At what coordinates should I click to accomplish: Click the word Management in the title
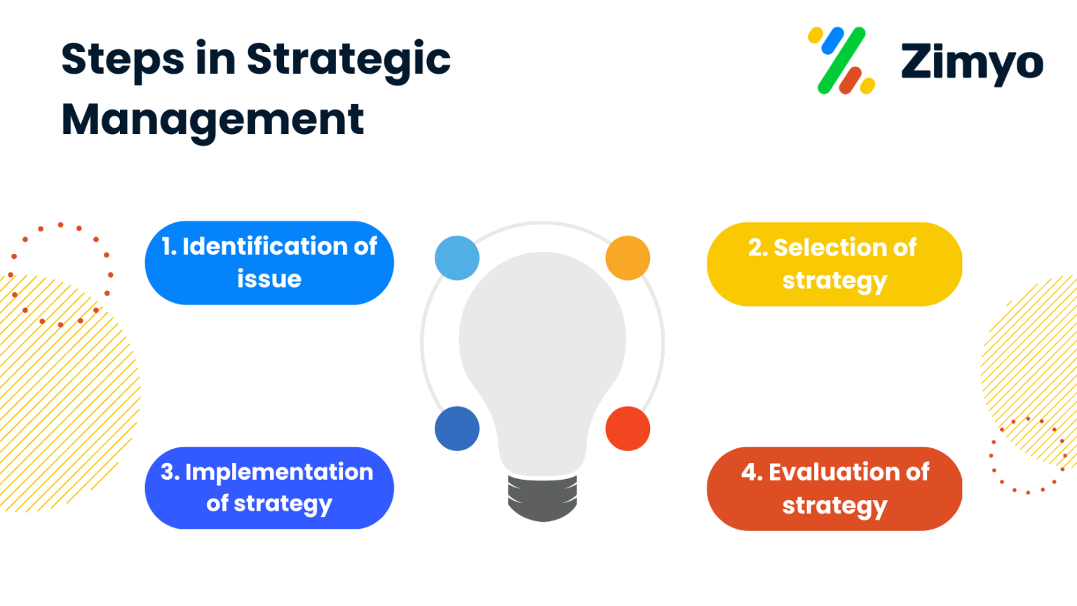pos(212,119)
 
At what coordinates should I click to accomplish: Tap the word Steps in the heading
pos(123,59)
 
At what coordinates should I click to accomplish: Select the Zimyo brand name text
pos(971,62)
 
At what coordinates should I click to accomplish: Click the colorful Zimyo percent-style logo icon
pos(841,61)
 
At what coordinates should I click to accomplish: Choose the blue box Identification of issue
pos(269,263)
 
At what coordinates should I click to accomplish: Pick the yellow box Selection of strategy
pos(834,264)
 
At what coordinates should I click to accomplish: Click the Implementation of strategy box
pos(269,488)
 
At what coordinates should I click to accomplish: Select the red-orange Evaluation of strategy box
pos(834,489)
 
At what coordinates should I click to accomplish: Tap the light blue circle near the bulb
pos(457,258)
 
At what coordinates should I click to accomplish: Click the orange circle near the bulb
pos(628,258)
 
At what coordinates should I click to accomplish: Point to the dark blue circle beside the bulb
pos(457,429)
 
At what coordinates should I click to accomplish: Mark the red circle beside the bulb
pos(628,429)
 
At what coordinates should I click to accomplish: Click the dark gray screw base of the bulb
pos(543,498)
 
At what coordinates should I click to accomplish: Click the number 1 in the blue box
pos(167,247)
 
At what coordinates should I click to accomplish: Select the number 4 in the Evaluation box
pos(750,473)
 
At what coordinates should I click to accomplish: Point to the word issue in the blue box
pos(269,279)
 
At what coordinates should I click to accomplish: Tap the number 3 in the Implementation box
pos(168,472)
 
